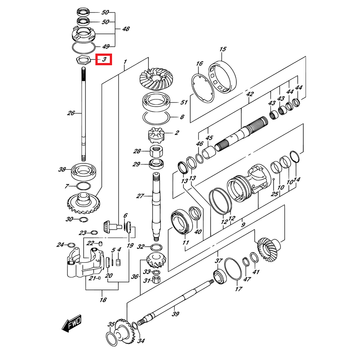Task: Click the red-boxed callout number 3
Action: point(104,59)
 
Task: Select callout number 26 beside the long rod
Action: point(71,113)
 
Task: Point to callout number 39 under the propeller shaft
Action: point(175,314)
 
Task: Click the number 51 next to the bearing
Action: point(183,102)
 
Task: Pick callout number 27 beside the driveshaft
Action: point(140,196)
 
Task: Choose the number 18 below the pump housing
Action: point(103,300)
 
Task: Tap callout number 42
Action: point(250,94)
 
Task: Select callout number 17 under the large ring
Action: point(238,289)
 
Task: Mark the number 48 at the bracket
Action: point(126,29)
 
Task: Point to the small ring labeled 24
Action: point(71,245)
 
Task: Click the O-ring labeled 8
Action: point(156,117)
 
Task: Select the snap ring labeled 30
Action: point(82,219)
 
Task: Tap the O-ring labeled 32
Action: point(156,247)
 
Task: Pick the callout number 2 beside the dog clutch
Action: point(177,133)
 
